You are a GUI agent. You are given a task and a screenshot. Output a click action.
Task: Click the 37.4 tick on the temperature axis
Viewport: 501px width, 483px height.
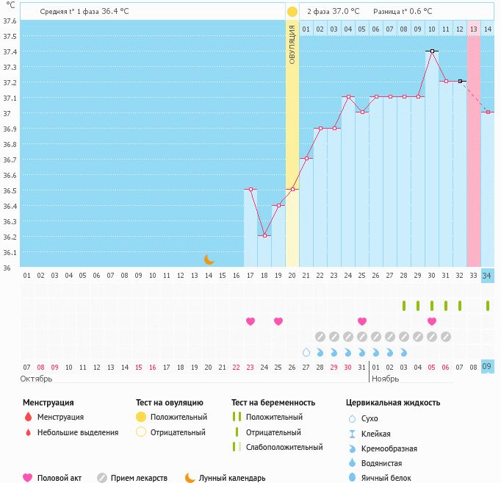[10, 51]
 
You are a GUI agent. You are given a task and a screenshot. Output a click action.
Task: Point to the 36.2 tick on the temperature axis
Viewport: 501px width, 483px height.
[10, 237]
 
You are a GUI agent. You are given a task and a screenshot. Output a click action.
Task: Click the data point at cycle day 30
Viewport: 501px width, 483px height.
[432, 51]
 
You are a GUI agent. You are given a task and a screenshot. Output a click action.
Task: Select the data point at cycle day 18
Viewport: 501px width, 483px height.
[264, 236]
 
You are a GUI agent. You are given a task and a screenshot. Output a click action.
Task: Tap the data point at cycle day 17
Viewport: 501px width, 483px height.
[250, 190]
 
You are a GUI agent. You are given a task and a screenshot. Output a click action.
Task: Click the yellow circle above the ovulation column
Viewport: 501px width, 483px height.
[292, 12]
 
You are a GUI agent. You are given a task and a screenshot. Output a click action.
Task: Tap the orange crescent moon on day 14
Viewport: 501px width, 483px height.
[209, 259]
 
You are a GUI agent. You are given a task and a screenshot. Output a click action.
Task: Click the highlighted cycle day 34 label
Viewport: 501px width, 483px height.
[488, 275]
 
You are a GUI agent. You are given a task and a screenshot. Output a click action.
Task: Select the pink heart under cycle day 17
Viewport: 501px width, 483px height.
[250, 321]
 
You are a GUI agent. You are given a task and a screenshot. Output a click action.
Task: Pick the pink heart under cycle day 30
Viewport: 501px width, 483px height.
[432, 321]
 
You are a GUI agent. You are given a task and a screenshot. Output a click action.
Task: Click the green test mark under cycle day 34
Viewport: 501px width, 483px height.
[488, 306]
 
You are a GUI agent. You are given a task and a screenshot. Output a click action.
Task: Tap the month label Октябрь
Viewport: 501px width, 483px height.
[37, 379]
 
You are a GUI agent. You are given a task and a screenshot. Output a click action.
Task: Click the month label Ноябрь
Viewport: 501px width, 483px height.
[386, 379]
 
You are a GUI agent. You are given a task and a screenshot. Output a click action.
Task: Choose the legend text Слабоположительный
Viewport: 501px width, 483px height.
[284, 447]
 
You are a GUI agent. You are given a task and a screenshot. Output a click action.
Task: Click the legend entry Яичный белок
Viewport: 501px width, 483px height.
[385, 478]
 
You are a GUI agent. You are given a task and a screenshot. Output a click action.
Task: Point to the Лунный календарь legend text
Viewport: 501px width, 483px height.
[233, 478]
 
